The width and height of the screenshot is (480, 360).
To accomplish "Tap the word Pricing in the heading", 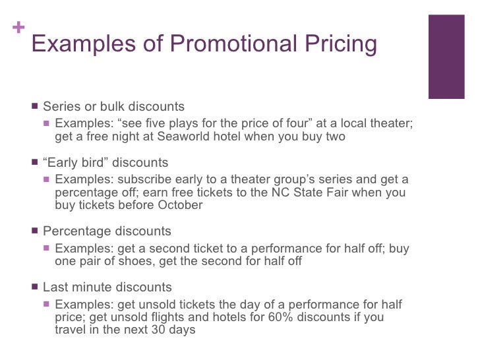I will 343,44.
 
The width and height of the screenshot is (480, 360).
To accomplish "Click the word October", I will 179,204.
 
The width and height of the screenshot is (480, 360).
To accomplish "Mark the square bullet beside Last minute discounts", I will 34,287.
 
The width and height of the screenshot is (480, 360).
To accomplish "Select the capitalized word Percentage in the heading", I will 77,231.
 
